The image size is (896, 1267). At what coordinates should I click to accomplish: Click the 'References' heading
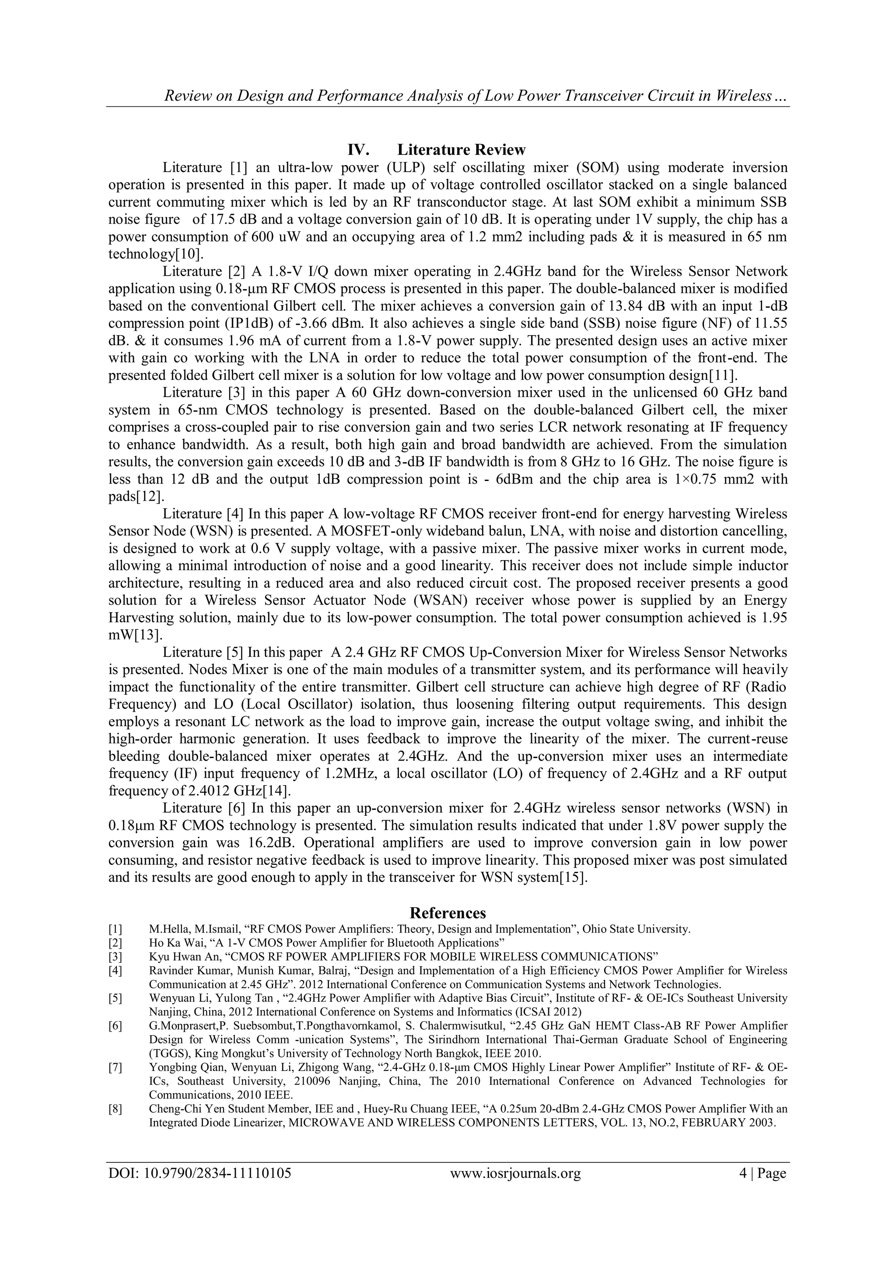448,912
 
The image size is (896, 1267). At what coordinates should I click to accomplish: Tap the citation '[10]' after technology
192,254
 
